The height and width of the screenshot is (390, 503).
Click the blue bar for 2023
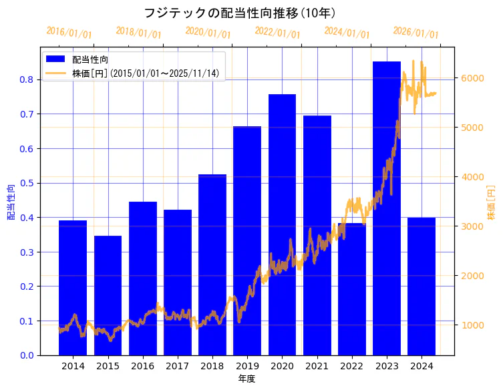click(x=386, y=208)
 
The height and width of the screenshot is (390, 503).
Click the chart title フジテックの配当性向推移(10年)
click(x=240, y=13)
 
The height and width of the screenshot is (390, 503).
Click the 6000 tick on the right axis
click(x=472, y=78)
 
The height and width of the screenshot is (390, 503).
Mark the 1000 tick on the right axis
click(x=472, y=325)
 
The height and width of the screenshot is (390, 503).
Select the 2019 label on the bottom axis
click(x=247, y=366)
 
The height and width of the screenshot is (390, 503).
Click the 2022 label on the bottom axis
click(x=351, y=366)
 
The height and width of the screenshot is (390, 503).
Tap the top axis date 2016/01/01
click(x=69, y=33)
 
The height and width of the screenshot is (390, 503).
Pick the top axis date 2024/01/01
click(x=347, y=33)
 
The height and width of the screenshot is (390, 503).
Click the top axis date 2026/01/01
click(x=415, y=33)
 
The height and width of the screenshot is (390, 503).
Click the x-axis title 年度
click(x=246, y=379)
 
